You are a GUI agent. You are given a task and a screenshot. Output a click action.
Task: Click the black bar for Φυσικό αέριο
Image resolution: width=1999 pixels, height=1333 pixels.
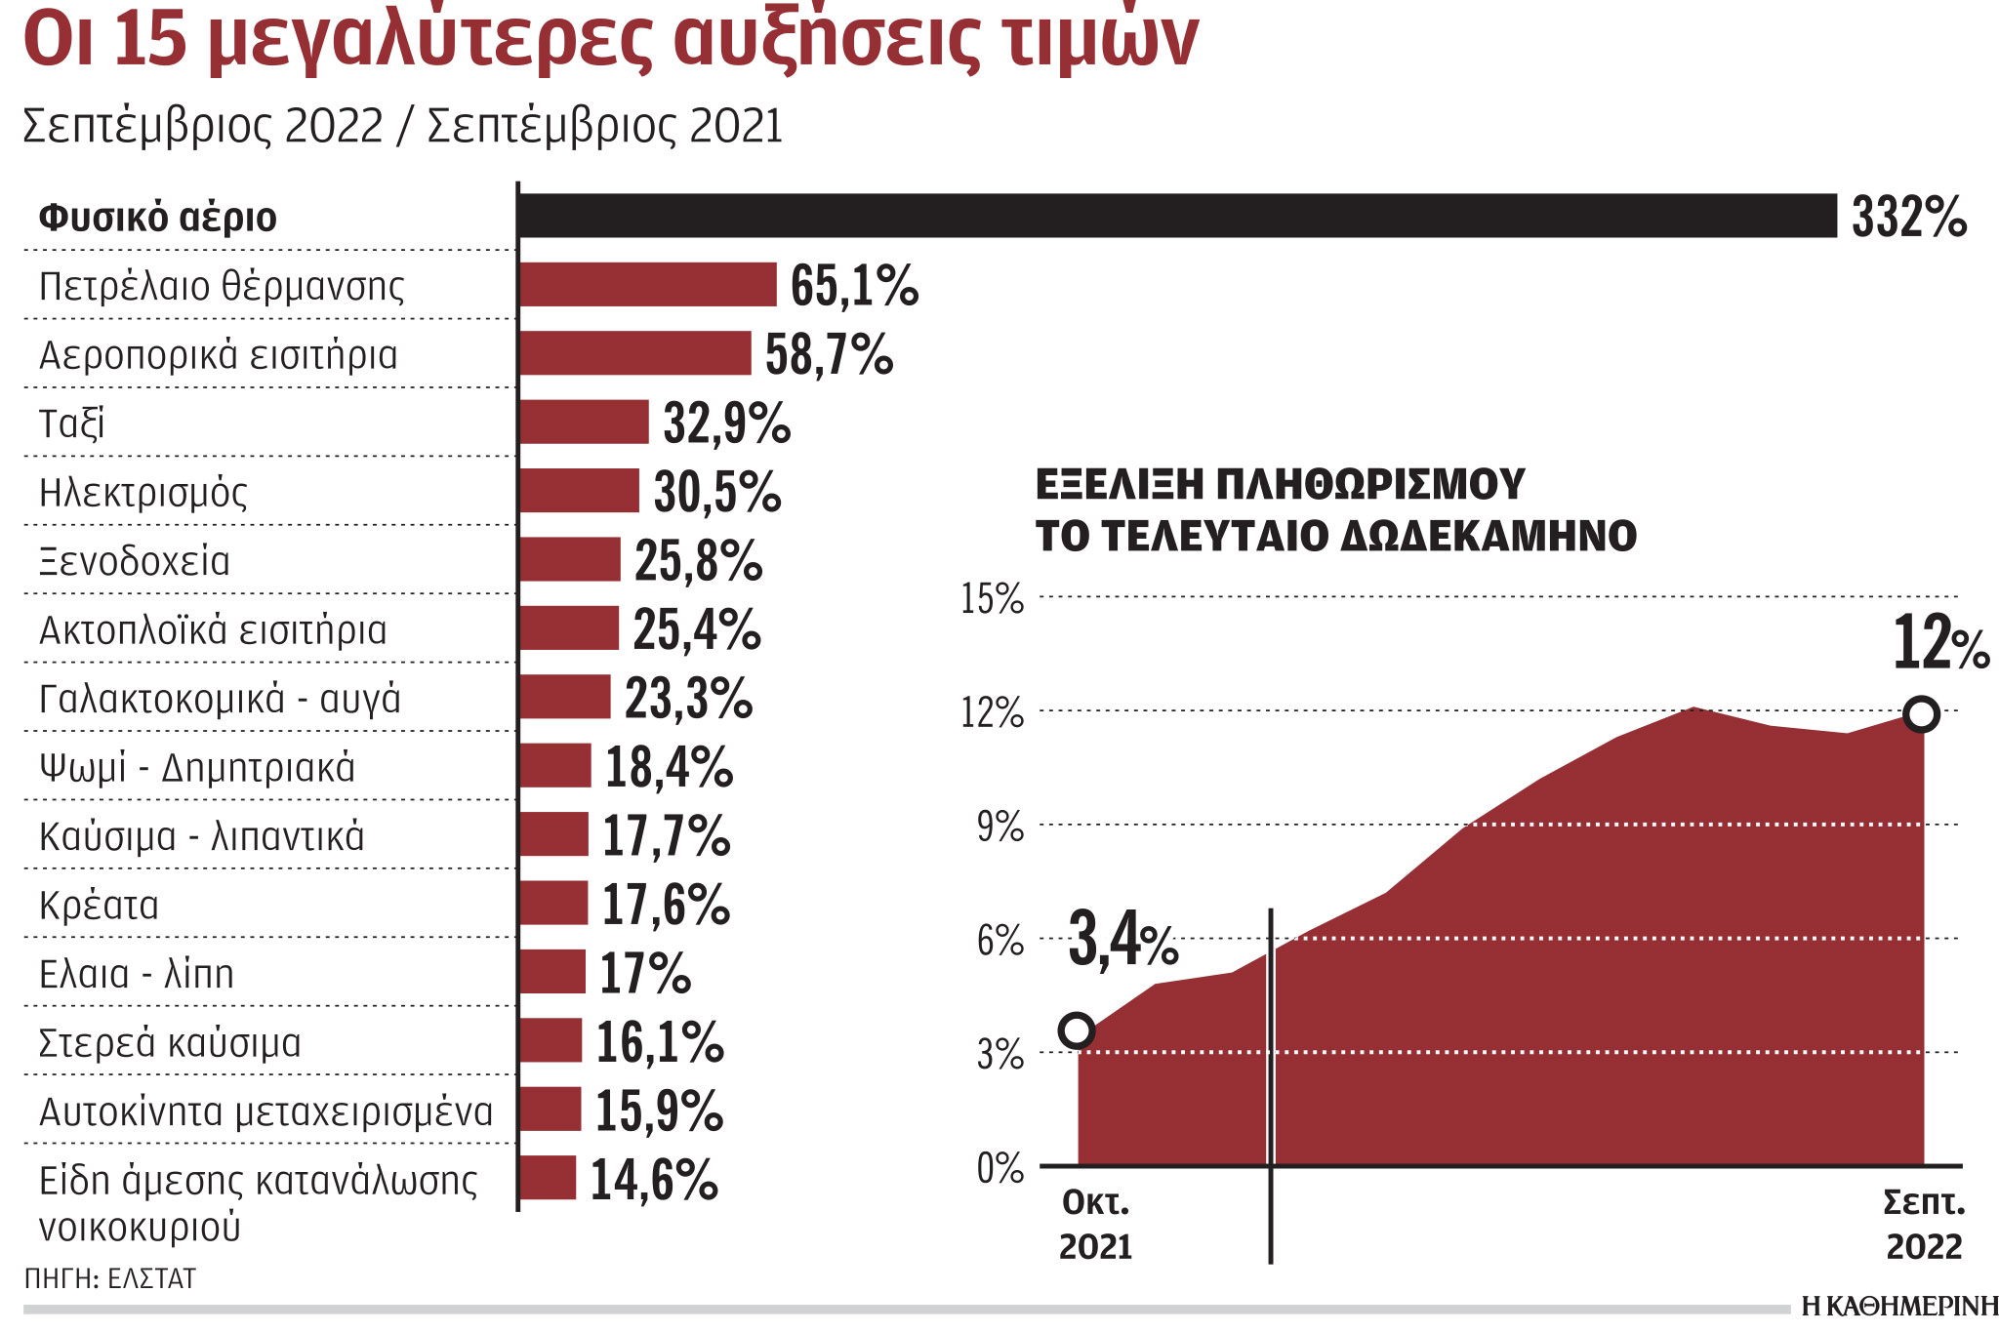click(x=1176, y=216)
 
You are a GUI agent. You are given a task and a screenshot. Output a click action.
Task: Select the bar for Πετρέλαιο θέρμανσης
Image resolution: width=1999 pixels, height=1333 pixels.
click(x=647, y=284)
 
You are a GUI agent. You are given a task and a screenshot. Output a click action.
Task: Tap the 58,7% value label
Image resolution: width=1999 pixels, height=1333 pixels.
click(x=829, y=354)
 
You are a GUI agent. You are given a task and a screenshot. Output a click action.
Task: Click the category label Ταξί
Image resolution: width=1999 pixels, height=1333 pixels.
click(x=71, y=424)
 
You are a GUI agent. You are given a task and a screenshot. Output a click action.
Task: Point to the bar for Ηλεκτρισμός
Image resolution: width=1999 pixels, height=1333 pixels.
click(x=579, y=491)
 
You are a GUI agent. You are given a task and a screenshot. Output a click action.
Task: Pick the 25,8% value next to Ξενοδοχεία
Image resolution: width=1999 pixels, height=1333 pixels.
click(x=698, y=561)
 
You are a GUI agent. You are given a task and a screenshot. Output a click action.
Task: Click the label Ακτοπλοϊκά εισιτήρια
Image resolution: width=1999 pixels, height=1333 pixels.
click(x=213, y=630)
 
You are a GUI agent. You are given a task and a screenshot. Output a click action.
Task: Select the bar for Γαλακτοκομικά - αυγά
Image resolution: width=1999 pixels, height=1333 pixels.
click(x=564, y=697)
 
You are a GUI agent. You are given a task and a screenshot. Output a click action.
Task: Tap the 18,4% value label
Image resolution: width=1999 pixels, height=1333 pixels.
click(x=669, y=767)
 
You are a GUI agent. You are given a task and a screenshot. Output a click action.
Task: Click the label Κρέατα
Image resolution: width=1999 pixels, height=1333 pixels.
click(x=99, y=906)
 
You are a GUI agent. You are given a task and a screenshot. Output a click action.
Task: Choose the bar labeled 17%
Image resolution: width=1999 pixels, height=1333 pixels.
click(x=551, y=972)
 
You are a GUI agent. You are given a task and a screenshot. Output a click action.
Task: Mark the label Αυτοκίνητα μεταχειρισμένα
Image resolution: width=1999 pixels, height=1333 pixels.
click(x=265, y=1111)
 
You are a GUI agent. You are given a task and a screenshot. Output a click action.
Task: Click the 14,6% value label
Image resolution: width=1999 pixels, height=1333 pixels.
click(x=654, y=1180)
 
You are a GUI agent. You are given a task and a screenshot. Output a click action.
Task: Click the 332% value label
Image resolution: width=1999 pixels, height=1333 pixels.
click(x=1908, y=217)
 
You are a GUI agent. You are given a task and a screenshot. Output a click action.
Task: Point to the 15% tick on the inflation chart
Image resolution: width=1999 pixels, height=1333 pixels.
click(x=992, y=598)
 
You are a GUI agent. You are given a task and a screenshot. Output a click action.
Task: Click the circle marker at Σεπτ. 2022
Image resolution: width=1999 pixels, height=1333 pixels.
click(x=1922, y=714)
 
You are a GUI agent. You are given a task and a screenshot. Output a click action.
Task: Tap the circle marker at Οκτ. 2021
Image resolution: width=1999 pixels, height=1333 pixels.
click(x=1078, y=1030)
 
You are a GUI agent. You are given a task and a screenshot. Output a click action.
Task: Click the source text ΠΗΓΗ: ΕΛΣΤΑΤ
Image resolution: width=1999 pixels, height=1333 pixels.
click(x=109, y=1278)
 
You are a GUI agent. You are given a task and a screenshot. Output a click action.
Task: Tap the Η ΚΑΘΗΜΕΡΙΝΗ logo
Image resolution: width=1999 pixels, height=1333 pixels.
click(x=1899, y=1307)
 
